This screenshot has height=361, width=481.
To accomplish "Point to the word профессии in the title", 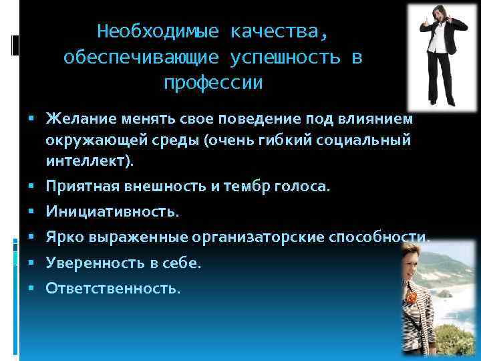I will (213, 84).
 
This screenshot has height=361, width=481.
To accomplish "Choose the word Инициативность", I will (112, 213).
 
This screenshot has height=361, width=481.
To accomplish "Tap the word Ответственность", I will (112, 288).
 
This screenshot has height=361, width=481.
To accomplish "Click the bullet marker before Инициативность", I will (33, 213).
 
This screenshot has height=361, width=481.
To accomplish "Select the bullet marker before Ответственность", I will (33, 288).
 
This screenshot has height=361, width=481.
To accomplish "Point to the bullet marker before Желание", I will (33, 119).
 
